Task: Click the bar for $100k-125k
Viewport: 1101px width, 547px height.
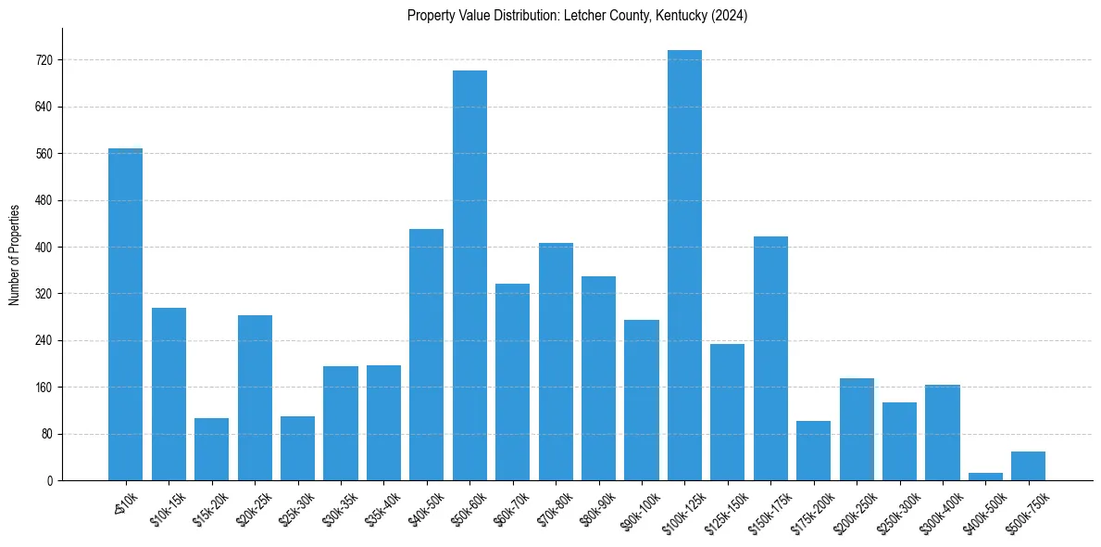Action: (x=684, y=265)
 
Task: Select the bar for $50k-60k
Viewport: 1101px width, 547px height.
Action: (x=469, y=275)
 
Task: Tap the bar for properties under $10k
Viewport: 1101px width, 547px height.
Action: (x=125, y=314)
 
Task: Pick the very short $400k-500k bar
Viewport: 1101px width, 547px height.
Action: (x=985, y=477)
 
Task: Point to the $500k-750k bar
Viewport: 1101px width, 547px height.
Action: (x=1028, y=465)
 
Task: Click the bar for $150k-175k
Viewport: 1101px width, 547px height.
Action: (x=770, y=358)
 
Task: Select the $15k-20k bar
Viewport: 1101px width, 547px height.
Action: (x=211, y=449)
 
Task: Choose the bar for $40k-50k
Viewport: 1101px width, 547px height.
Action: (x=427, y=354)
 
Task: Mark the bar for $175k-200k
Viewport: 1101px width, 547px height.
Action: (x=813, y=451)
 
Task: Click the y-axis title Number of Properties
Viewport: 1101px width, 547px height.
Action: (x=15, y=254)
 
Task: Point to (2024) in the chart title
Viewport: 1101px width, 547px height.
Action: (x=731, y=16)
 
